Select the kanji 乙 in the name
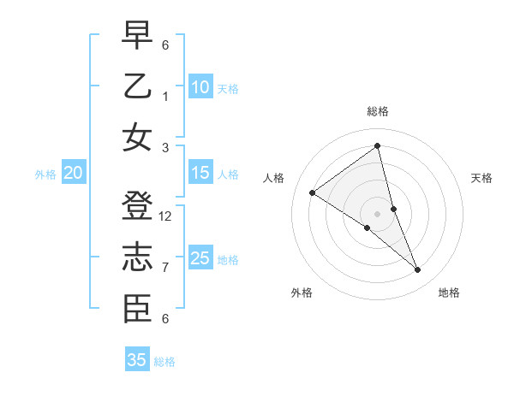click(138, 86)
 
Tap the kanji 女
click(138, 138)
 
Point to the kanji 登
click(138, 207)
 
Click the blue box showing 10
click(200, 87)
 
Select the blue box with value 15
click(200, 173)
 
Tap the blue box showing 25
click(200, 258)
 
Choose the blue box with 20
click(73, 173)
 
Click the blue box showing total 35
click(137, 360)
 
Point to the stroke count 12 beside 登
click(165, 216)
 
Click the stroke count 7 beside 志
click(165, 268)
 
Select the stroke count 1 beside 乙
click(165, 96)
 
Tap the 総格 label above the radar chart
click(378, 111)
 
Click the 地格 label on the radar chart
click(449, 293)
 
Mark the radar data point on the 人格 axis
click(313, 192)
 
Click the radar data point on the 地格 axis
click(418, 270)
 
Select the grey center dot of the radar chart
click(378, 213)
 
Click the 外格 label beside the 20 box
click(45, 174)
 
